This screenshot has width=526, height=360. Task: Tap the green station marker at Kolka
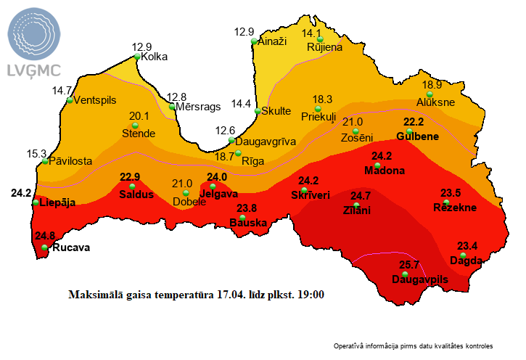coord(136,57)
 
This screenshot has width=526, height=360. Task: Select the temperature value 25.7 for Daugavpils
coord(411,265)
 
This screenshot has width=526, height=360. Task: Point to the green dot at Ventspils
coord(70,100)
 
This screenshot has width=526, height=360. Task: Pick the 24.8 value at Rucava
coord(44,236)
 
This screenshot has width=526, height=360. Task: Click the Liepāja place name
coord(59,202)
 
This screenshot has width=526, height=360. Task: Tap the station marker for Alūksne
coord(430,94)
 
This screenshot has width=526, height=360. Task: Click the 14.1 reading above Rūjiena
coord(311,33)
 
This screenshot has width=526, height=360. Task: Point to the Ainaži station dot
coord(254,42)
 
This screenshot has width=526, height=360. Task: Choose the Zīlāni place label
coord(356,210)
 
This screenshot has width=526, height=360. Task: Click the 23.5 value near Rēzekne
coord(451,192)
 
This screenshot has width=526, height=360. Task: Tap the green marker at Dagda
coord(463,255)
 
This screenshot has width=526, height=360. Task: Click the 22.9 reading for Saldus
coord(130,176)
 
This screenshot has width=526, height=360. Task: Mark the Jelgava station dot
coord(213,187)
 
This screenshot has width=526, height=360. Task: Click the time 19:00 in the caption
coord(311,295)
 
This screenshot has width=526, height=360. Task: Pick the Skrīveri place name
coord(310,195)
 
